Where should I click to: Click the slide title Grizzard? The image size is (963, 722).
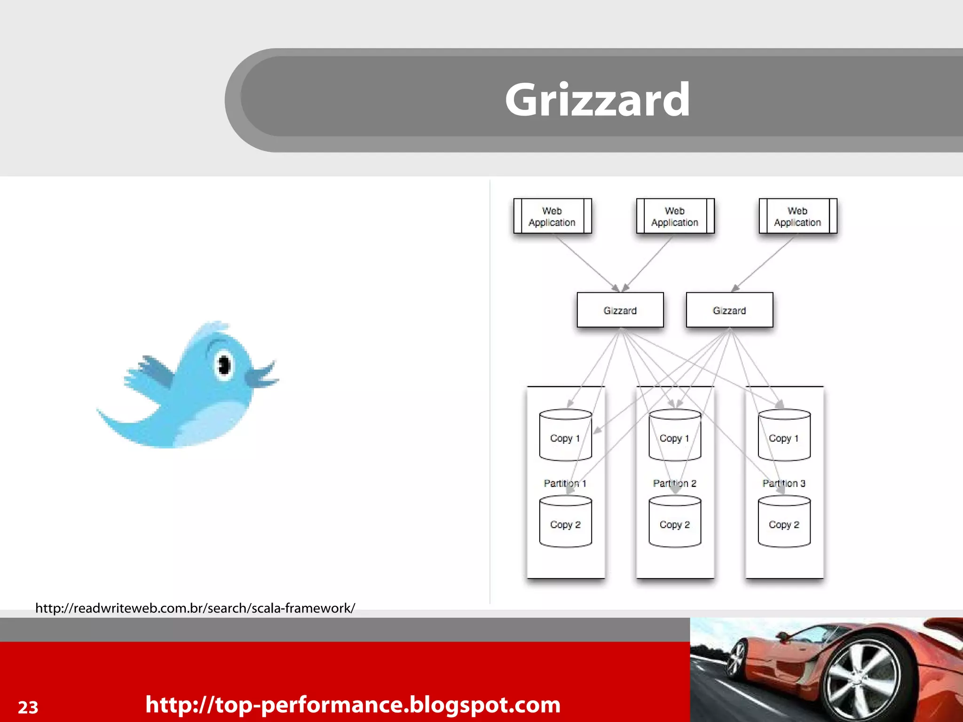[597, 100]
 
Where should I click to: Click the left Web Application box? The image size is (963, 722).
[552, 216]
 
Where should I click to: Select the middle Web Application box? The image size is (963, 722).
[675, 216]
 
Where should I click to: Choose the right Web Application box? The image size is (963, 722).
[797, 216]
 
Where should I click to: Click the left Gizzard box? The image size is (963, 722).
[620, 310]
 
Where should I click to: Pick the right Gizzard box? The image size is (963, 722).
[729, 310]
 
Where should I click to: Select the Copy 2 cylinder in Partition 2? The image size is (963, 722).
[674, 522]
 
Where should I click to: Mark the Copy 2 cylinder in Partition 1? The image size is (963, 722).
[565, 522]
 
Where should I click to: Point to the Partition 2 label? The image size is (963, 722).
[674, 483]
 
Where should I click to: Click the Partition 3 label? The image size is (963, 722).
[784, 483]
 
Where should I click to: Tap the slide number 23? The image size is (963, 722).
[28, 707]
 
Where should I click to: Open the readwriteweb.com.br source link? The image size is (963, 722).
[195, 608]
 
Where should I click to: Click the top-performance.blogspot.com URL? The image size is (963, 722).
[353, 705]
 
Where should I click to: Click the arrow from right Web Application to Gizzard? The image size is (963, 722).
[763, 263]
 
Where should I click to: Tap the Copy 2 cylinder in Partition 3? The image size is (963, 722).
[784, 522]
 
